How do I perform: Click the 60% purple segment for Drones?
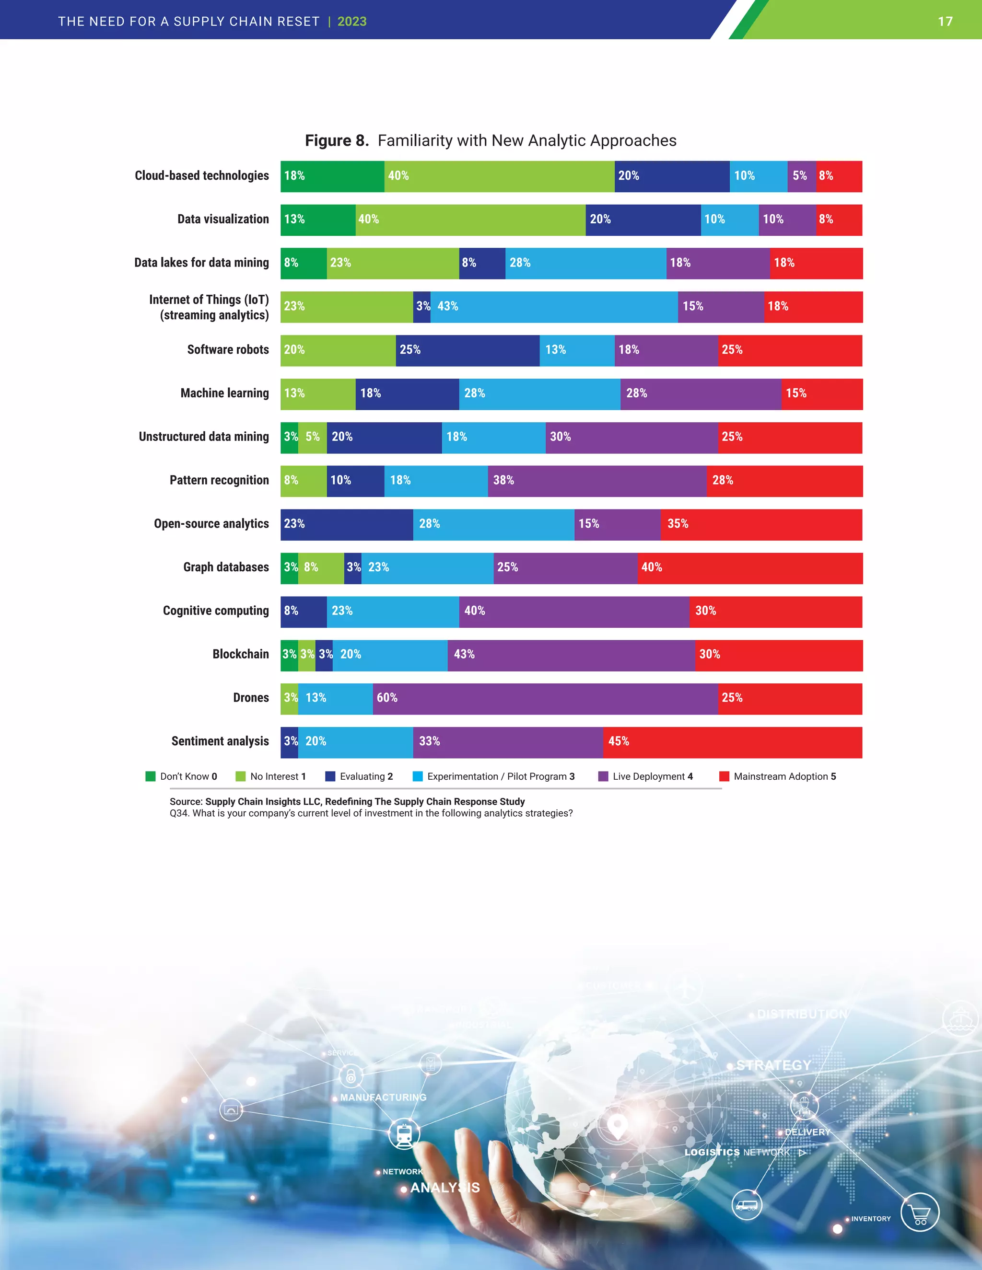pyautogui.click(x=545, y=698)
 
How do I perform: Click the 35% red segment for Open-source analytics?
pyautogui.click(x=761, y=524)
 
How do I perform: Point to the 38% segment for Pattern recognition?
pyautogui.click(x=597, y=481)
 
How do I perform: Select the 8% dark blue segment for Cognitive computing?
pyautogui.click(x=303, y=611)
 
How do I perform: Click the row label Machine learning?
pyautogui.click(x=224, y=393)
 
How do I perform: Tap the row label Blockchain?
pyautogui.click(x=240, y=654)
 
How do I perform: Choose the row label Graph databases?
pyautogui.click(x=226, y=567)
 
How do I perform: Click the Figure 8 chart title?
pyautogui.click(x=491, y=141)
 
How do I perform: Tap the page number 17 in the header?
pyautogui.click(x=945, y=22)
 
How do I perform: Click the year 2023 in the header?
pyautogui.click(x=351, y=22)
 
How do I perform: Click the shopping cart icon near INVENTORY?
pyautogui.click(x=919, y=1212)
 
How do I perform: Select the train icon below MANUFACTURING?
pyautogui.click(x=404, y=1134)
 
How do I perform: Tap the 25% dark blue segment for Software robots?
pyautogui.click(x=467, y=350)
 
